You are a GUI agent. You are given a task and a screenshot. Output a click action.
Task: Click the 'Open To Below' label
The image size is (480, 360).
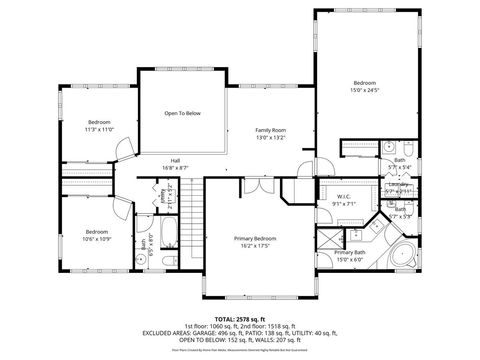(183, 113)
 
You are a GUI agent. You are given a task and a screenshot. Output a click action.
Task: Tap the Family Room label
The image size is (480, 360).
(270, 131)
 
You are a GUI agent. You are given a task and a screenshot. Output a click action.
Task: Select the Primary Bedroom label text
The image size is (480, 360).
(255, 238)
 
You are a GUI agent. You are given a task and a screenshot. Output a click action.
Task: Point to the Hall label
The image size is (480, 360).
(175, 160)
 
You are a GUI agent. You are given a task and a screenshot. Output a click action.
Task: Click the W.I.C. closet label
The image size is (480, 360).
(343, 196)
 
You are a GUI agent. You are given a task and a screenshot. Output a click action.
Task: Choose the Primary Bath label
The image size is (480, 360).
(349, 253)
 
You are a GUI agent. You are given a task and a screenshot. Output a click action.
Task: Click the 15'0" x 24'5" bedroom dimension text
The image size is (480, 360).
(364, 89)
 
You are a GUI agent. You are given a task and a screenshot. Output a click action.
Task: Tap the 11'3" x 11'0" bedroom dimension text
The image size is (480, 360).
(99, 129)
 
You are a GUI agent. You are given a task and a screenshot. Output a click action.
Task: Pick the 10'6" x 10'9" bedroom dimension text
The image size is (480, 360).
(96, 238)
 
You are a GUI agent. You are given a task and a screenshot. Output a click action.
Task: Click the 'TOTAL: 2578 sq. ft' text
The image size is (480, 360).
(239, 317)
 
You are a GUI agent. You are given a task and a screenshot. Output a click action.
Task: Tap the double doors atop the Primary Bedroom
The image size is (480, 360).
(256, 186)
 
